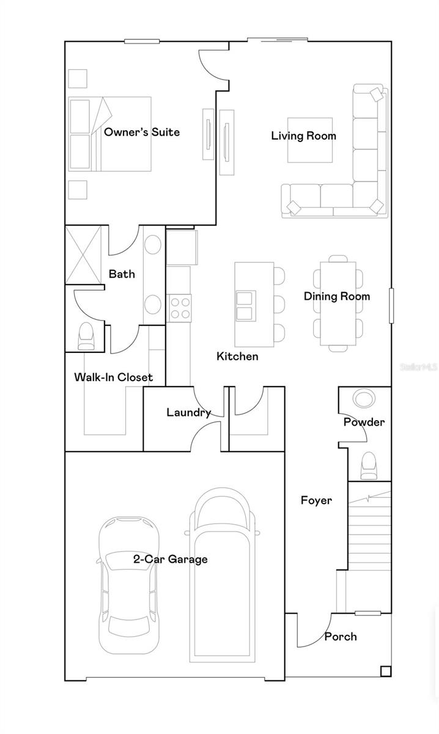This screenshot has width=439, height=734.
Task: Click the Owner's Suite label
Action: point(142,132)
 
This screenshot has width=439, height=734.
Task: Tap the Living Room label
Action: point(303,136)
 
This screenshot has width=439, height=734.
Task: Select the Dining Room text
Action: point(337,297)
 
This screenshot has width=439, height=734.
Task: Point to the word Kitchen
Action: point(237,356)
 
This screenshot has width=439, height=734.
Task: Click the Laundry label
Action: point(188,413)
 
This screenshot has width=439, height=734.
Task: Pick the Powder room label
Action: point(364,422)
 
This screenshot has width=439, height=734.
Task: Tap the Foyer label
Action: point(316,500)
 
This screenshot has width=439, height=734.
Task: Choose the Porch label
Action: point(341,637)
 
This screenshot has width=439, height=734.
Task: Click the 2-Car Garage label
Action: point(171,559)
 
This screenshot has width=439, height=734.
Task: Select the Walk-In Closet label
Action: point(114,377)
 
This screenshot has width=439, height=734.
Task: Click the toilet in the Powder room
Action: point(368,465)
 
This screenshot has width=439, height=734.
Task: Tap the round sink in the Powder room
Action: point(364,398)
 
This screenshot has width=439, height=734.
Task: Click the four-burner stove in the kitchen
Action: point(179,308)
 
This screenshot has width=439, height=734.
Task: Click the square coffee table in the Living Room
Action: point(310,140)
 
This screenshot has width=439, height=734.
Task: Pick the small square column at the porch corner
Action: point(385,671)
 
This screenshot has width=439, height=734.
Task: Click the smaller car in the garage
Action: point(130,584)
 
